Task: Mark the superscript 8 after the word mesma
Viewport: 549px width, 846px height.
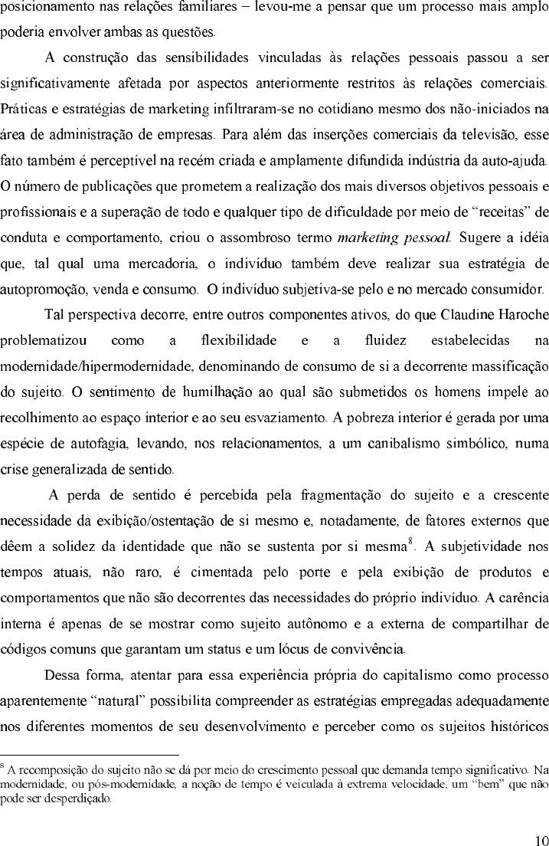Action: (411, 542)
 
